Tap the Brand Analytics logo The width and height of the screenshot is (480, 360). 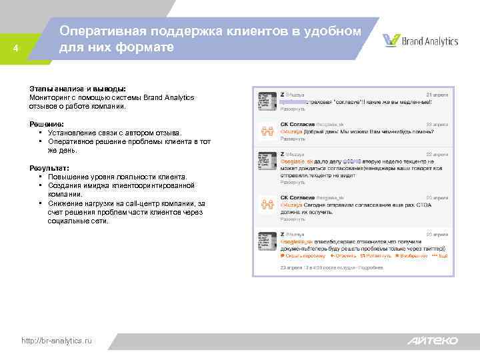[x=421, y=41]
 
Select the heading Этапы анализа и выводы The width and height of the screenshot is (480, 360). [x=77, y=89]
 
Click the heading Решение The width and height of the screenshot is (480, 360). [x=47, y=124]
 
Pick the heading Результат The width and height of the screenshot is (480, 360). [x=49, y=168]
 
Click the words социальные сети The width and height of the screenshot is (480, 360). [x=77, y=221]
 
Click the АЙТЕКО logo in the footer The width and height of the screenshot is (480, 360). [x=433, y=341]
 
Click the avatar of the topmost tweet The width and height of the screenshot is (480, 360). [x=267, y=101]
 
